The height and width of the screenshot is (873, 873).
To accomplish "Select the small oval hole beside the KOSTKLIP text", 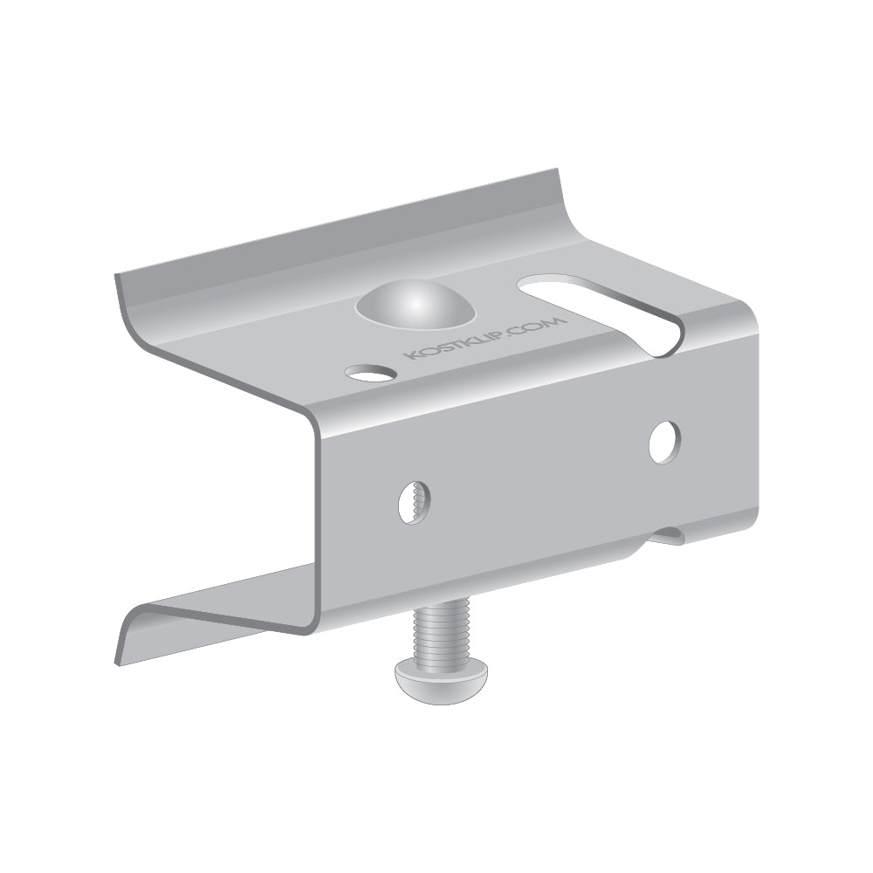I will (x=370, y=373).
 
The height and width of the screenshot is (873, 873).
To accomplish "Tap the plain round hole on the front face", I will (x=664, y=442).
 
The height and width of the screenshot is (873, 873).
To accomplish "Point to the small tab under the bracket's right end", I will (x=669, y=535).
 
